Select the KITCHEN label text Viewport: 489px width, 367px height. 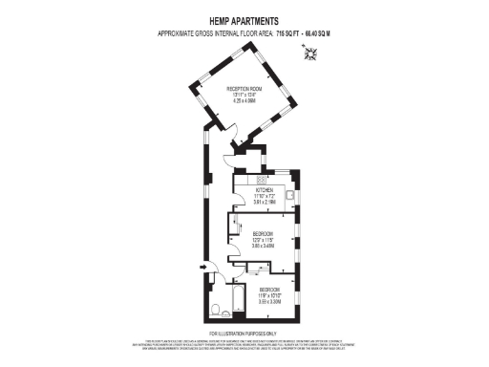click(264, 189)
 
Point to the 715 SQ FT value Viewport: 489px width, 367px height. click(287, 33)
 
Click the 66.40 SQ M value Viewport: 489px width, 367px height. click(322, 33)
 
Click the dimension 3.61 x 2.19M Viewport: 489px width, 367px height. click(264, 202)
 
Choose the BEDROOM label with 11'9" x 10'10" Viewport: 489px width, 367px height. click(270, 289)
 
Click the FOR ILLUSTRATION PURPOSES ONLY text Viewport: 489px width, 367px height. click(244, 334)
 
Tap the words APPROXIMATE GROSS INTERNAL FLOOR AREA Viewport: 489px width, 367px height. click(215, 33)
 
